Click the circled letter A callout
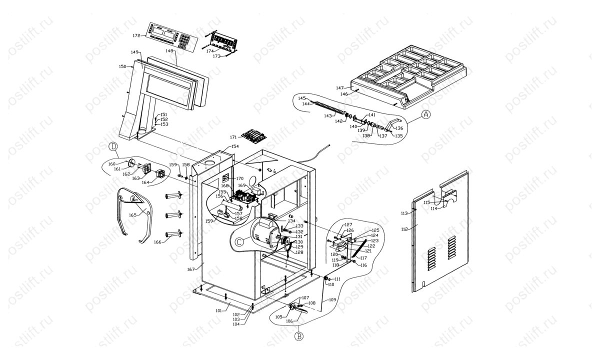pyautogui.click(x=425, y=114)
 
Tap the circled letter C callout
pyautogui.click(x=239, y=241)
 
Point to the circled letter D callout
pyautogui.click(x=113, y=147)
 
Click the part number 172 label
pyautogui.click(x=136, y=36)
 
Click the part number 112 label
pyautogui.click(x=405, y=229)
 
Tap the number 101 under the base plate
pyautogui.click(x=218, y=310)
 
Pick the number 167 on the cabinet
pyautogui.click(x=190, y=269)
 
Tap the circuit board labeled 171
pyautogui.click(x=253, y=135)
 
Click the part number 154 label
pyautogui.click(x=235, y=146)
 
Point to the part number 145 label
pyautogui.click(x=301, y=98)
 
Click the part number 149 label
pyautogui.click(x=134, y=52)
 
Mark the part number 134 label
pyautogui.click(x=291, y=220)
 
